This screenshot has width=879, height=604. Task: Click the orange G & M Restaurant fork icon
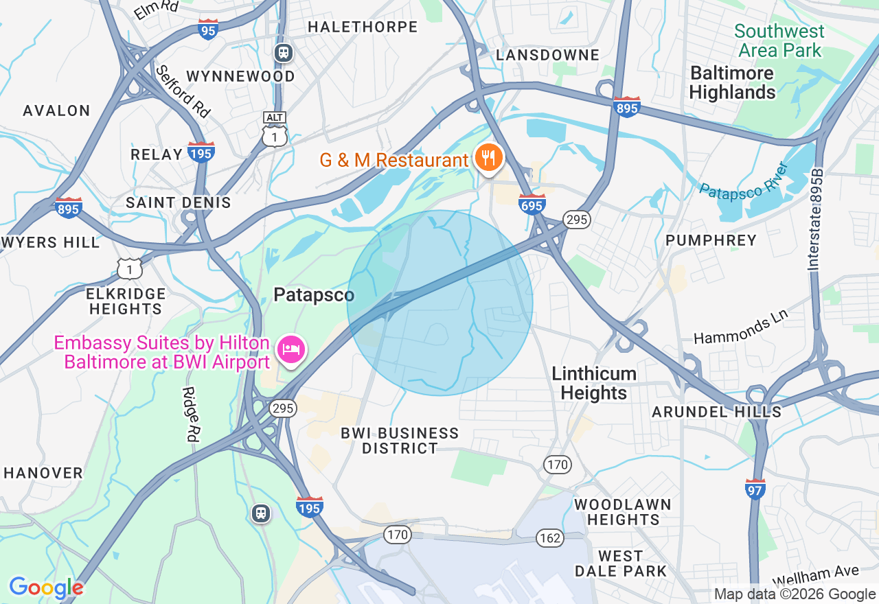pos(488,159)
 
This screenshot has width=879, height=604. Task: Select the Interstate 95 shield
pos(208,29)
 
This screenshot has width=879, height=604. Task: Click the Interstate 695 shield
pos(533,204)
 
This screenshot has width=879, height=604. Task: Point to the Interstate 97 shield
pos(755,489)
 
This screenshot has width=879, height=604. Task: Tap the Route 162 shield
pos(550,537)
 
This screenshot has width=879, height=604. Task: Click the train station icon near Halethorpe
pos(283,53)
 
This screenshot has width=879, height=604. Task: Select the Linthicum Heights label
pos(594,383)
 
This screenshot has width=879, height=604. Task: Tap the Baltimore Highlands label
pos(732,82)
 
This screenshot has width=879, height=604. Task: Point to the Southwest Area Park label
pos(779,40)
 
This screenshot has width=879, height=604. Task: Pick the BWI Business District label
pos(400,441)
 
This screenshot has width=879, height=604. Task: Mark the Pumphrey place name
pos(711,240)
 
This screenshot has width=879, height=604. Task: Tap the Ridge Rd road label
pos(190,413)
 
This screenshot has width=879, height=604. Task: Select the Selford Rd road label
pos(182,91)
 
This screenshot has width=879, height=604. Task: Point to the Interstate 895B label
pos(816,220)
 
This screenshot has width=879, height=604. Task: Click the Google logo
pos(46,588)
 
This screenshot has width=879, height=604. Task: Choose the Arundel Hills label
pos(716,412)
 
